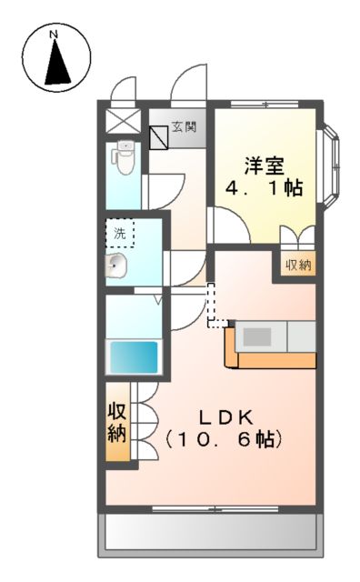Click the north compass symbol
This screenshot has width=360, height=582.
(x=56, y=59)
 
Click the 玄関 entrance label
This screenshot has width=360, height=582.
(x=192, y=129)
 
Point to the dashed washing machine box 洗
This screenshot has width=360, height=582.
(x=119, y=233)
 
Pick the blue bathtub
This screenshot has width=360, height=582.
(x=134, y=356)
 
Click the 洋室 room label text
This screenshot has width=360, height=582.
(x=264, y=166)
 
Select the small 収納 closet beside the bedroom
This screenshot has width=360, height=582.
(x=299, y=266)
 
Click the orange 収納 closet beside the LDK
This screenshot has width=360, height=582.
(x=117, y=420)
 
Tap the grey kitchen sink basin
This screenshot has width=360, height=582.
(x=256, y=336)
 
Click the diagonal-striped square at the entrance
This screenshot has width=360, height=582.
(x=161, y=136)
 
